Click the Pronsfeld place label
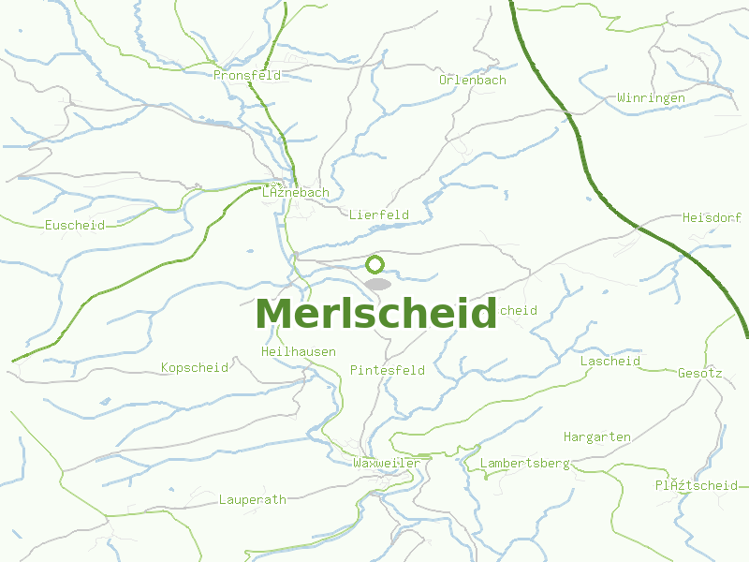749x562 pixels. point(247,75)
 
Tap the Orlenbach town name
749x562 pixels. point(473,81)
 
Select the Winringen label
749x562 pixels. point(651,98)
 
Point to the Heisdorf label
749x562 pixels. point(712,217)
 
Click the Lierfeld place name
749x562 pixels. point(379,215)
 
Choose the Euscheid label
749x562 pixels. point(75,226)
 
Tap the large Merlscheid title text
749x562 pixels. point(375,314)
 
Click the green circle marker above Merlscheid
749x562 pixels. point(375,264)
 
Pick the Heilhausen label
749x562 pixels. point(299,352)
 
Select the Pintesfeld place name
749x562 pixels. point(388,371)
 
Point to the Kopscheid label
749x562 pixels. point(195,368)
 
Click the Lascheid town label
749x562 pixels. point(610,362)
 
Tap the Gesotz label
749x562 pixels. point(700,373)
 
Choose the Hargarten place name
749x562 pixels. point(597,437)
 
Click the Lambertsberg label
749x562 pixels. point(524,464)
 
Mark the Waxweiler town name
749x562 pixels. point(387,464)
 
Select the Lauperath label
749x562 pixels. point(252,500)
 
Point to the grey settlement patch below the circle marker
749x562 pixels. point(377,284)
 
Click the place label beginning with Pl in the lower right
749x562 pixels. point(697,485)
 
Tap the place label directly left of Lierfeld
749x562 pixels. point(296,193)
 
